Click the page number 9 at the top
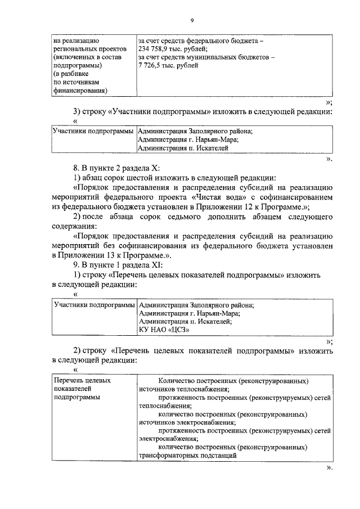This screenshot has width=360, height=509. coord(192,21)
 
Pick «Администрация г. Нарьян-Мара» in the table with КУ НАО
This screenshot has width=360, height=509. coord(189,313)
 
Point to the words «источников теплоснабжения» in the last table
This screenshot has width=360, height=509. coord(182,389)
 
